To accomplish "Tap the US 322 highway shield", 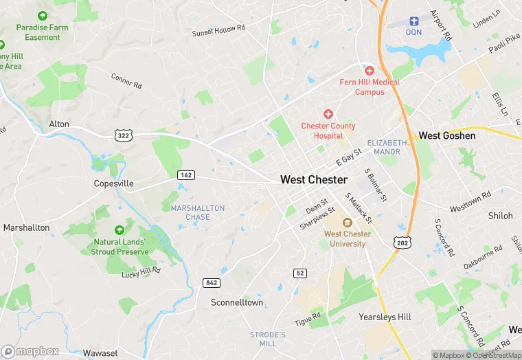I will point(123,136).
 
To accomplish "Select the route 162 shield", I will point(185,175).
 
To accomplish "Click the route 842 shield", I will point(211,282).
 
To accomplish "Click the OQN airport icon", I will point(414,22).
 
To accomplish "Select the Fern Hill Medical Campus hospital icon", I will point(370,71).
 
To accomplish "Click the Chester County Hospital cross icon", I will point(328,114).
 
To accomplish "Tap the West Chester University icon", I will point(348,222).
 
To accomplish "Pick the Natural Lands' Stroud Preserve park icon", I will point(120,229).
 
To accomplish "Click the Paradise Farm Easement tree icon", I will point(43,15).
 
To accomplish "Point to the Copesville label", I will point(113,184).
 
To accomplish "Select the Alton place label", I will point(59,124).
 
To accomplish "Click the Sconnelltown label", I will point(237,302).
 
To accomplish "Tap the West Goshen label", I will point(447,136).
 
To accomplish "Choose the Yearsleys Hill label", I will point(385,317).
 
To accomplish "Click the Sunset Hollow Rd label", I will point(218,30).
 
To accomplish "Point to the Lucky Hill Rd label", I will point(141,271).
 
